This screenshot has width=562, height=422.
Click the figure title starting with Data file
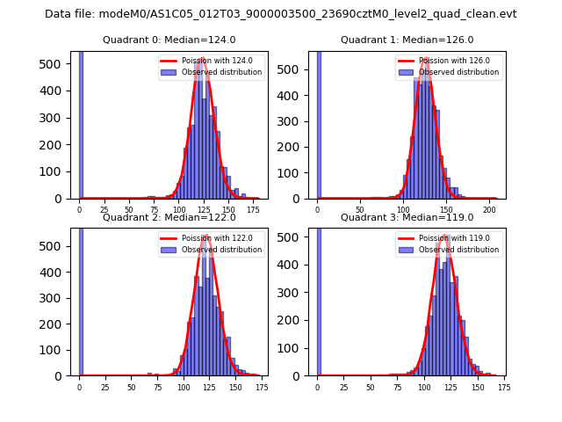[281, 14]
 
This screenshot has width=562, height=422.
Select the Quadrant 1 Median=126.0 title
[407, 40]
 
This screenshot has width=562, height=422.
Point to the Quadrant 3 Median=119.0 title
[407, 217]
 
